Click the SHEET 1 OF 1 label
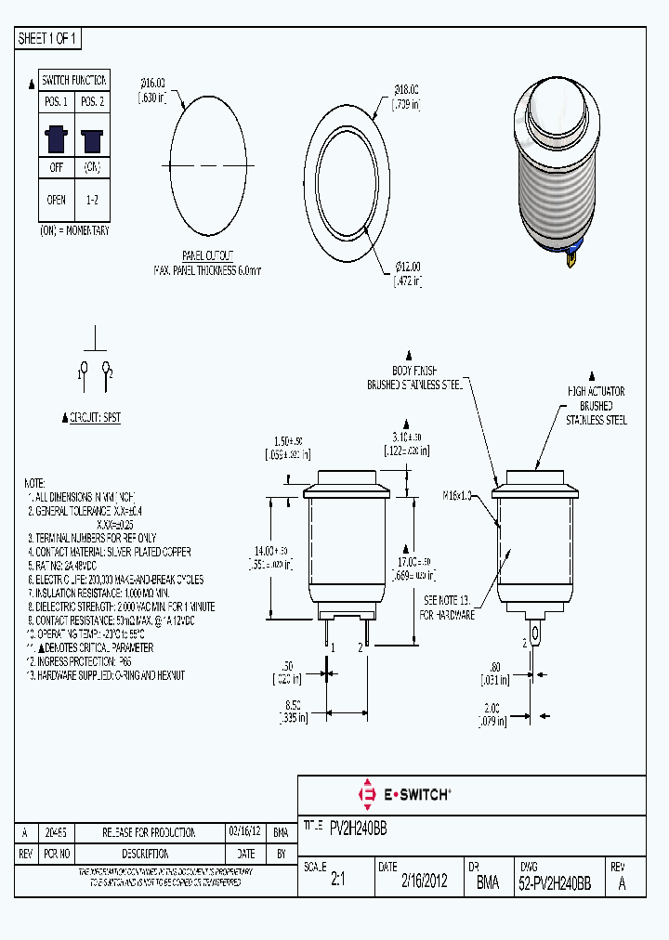click(x=49, y=38)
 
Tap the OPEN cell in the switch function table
click(x=56, y=200)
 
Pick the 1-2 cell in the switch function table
click(x=92, y=200)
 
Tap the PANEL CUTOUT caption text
click(x=207, y=255)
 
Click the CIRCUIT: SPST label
click(x=95, y=418)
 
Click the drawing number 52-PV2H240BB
click(x=555, y=883)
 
